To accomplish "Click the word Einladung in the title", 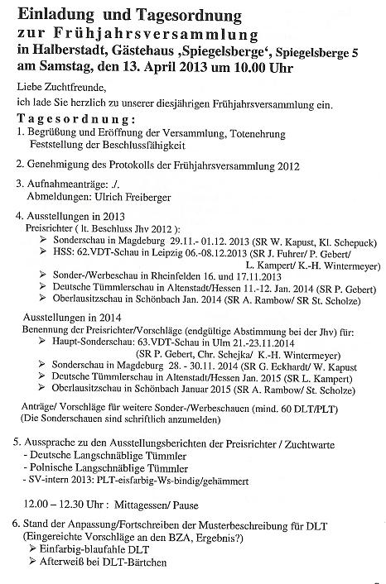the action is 52,16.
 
